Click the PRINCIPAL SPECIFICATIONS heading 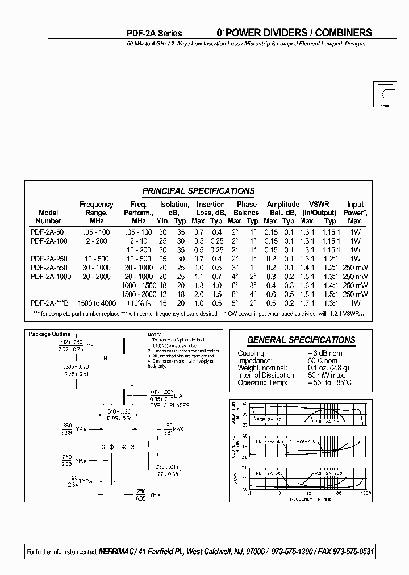pyautogui.click(x=198, y=191)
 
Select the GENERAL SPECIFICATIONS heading pyautogui.click(x=301, y=340)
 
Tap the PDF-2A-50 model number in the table pyautogui.click(x=47, y=232)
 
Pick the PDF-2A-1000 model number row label pyautogui.click(x=51, y=276)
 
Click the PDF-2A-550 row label pyautogui.click(x=49, y=268)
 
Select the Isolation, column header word pyautogui.click(x=174, y=204)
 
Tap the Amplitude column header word pyautogui.click(x=283, y=204)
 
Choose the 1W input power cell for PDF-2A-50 pyautogui.click(x=356, y=232)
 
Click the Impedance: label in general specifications pyautogui.click(x=256, y=360)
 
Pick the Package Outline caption pyautogui.click(x=49, y=334)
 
